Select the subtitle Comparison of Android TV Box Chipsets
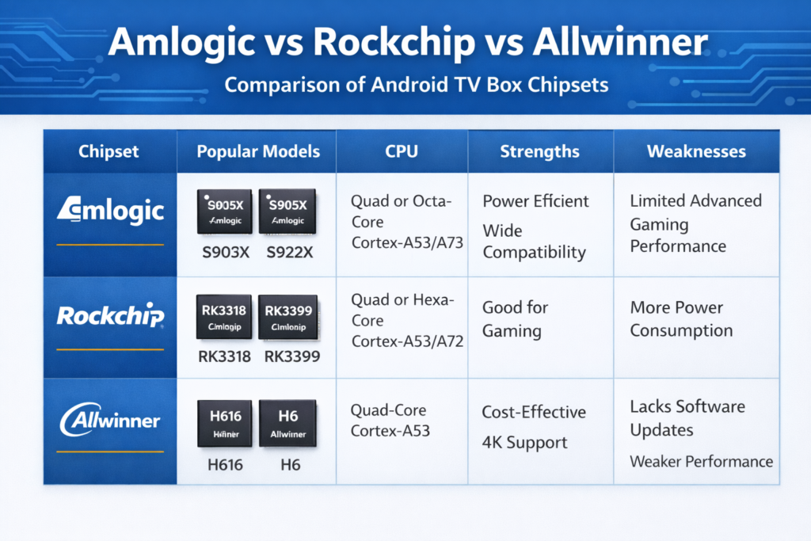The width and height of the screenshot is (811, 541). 405,85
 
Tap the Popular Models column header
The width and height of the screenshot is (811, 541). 258,151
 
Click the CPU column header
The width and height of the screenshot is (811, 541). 402,151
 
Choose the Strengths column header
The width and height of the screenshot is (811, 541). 539,151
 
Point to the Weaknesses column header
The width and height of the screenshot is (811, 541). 696,151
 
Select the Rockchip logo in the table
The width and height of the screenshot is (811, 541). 110,316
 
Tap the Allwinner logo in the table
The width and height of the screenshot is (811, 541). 110,420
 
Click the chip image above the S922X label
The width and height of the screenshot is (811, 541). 287,211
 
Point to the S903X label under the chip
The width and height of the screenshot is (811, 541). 223,253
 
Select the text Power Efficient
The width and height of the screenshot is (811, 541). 535,201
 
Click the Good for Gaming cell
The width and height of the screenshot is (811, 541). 516,318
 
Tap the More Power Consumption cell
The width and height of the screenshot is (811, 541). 681,318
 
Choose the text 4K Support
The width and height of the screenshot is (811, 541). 524,442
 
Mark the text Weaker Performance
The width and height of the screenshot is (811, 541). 701,461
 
